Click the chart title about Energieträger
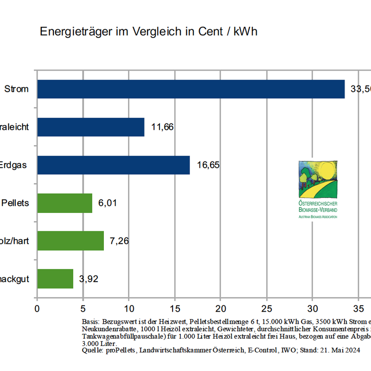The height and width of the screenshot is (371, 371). tap(148, 32)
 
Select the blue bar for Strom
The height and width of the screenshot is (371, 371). tap(191, 89)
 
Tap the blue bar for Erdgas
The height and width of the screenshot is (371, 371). tap(113, 165)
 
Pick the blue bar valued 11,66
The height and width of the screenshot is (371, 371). tap(90, 127)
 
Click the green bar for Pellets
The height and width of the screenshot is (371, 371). tap(64, 203)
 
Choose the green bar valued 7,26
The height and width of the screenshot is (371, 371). tap(70, 241)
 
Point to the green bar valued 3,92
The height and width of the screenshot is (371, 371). tap(55, 279)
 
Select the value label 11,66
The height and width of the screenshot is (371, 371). tap(162, 127)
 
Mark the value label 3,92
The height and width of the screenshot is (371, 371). tap(89, 279)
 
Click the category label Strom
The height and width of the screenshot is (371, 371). tap(16, 89)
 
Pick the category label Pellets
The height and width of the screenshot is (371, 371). tap(15, 203)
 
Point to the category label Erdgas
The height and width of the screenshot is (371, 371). tap(14, 165)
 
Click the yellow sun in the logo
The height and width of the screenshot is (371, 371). tap(326, 170)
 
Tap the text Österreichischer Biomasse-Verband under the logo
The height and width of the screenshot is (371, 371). tap(318, 207)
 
